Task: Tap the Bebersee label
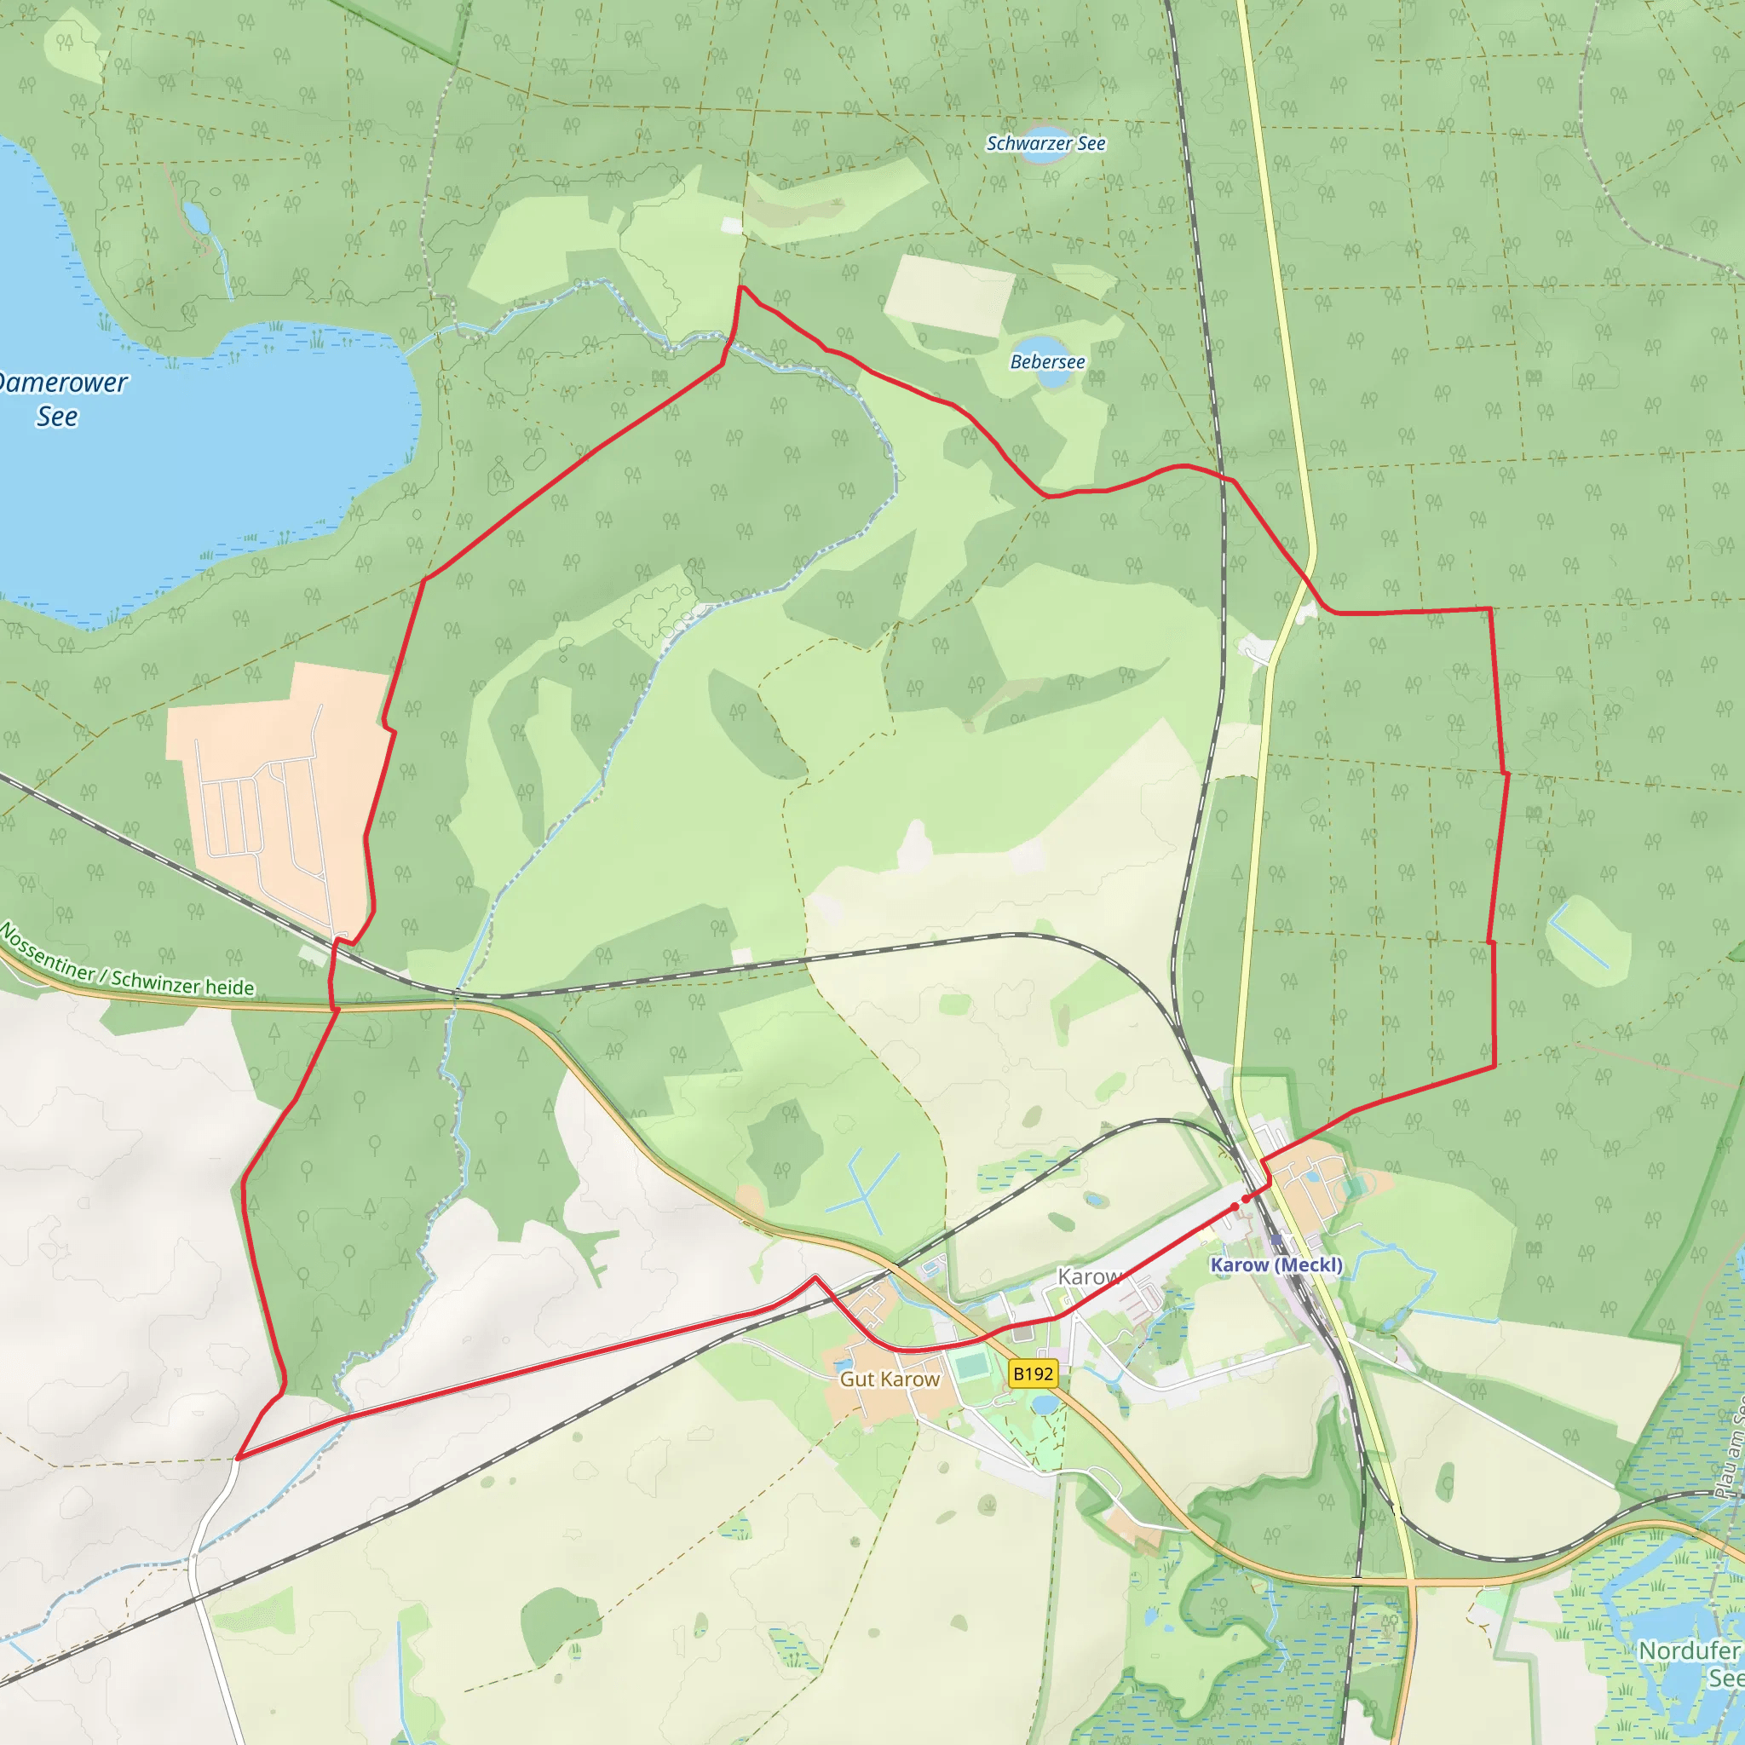[x=1047, y=362]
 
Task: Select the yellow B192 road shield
[x=1033, y=1374]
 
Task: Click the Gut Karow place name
[x=890, y=1379]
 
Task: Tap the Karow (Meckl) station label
[x=1276, y=1264]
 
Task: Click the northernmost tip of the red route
[x=740, y=287]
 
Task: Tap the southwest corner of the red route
[x=238, y=1457]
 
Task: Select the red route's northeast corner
[x=1489, y=610]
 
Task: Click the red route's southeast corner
[x=1494, y=1067]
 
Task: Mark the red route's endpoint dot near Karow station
[x=1235, y=1207]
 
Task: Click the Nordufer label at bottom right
[x=1688, y=1650]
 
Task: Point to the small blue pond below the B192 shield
[x=1042, y=1403]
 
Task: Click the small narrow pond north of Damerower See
[x=195, y=216]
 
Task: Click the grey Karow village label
[x=1087, y=1276]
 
